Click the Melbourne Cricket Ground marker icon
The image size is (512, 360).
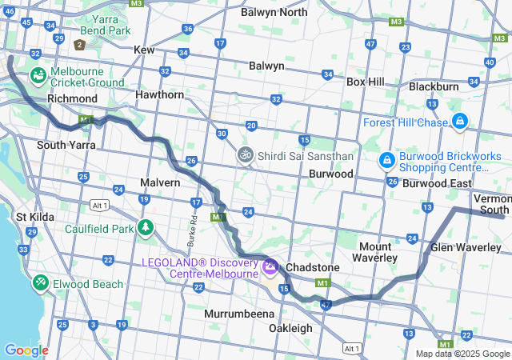pos(38,76)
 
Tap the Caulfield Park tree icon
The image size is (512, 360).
pos(146,228)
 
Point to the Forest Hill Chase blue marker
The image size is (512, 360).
pos(459,122)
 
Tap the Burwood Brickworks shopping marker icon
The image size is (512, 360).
pos(386,161)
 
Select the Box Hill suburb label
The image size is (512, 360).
pos(365,82)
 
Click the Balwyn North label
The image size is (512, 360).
pos(274,12)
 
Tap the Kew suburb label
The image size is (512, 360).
pos(144,50)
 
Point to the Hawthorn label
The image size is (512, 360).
pos(160,94)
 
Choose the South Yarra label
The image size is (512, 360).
pos(66,145)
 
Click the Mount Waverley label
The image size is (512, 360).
pos(375,252)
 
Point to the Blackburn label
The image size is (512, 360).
pos(433,86)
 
